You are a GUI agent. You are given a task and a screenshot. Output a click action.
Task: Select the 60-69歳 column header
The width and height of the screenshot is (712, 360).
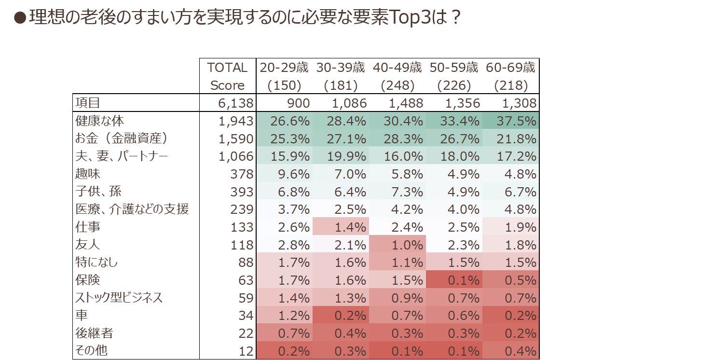click(x=510, y=76)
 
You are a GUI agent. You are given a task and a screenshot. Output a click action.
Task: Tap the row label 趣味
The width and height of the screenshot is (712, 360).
click(x=88, y=174)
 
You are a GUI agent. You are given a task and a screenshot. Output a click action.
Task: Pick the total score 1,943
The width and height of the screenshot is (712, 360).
click(x=235, y=121)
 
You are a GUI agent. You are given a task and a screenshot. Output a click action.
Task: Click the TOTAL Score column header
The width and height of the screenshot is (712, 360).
click(x=227, y=76)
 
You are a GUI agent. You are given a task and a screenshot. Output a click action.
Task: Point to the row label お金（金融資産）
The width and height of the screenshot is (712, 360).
click(x=121, y=138)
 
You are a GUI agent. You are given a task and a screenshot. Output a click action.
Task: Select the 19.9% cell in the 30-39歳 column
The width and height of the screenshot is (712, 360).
click(x=346, y=156)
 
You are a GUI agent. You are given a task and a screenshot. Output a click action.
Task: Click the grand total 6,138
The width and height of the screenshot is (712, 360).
click(x=235, y=103)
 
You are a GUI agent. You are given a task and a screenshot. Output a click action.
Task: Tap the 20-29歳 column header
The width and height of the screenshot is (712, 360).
click(x=284, y=76)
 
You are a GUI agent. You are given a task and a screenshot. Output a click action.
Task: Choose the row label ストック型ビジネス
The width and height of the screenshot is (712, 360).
click(x=119, y=298)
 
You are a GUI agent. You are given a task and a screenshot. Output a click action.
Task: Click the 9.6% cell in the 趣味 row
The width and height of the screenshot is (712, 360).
click(x=294, y=174)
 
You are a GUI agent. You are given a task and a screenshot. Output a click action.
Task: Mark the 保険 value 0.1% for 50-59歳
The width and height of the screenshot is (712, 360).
click(x=464, y=280)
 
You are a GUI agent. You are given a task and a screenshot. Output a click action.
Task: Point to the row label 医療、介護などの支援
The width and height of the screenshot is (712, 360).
click(x=132, y=209)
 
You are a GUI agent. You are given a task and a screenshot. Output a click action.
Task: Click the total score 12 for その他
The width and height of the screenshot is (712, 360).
click(x=246, y=351)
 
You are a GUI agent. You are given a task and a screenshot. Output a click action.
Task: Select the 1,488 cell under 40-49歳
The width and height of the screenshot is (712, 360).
click(x=406, y=103)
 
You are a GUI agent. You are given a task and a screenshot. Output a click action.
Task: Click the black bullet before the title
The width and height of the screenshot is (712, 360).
click(x=20, y=18)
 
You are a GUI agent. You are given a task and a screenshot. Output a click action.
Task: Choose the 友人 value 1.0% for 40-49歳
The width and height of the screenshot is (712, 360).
click(x=407, y=245)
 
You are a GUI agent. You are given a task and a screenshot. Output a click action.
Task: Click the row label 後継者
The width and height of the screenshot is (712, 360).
click(x=94, y=333)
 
